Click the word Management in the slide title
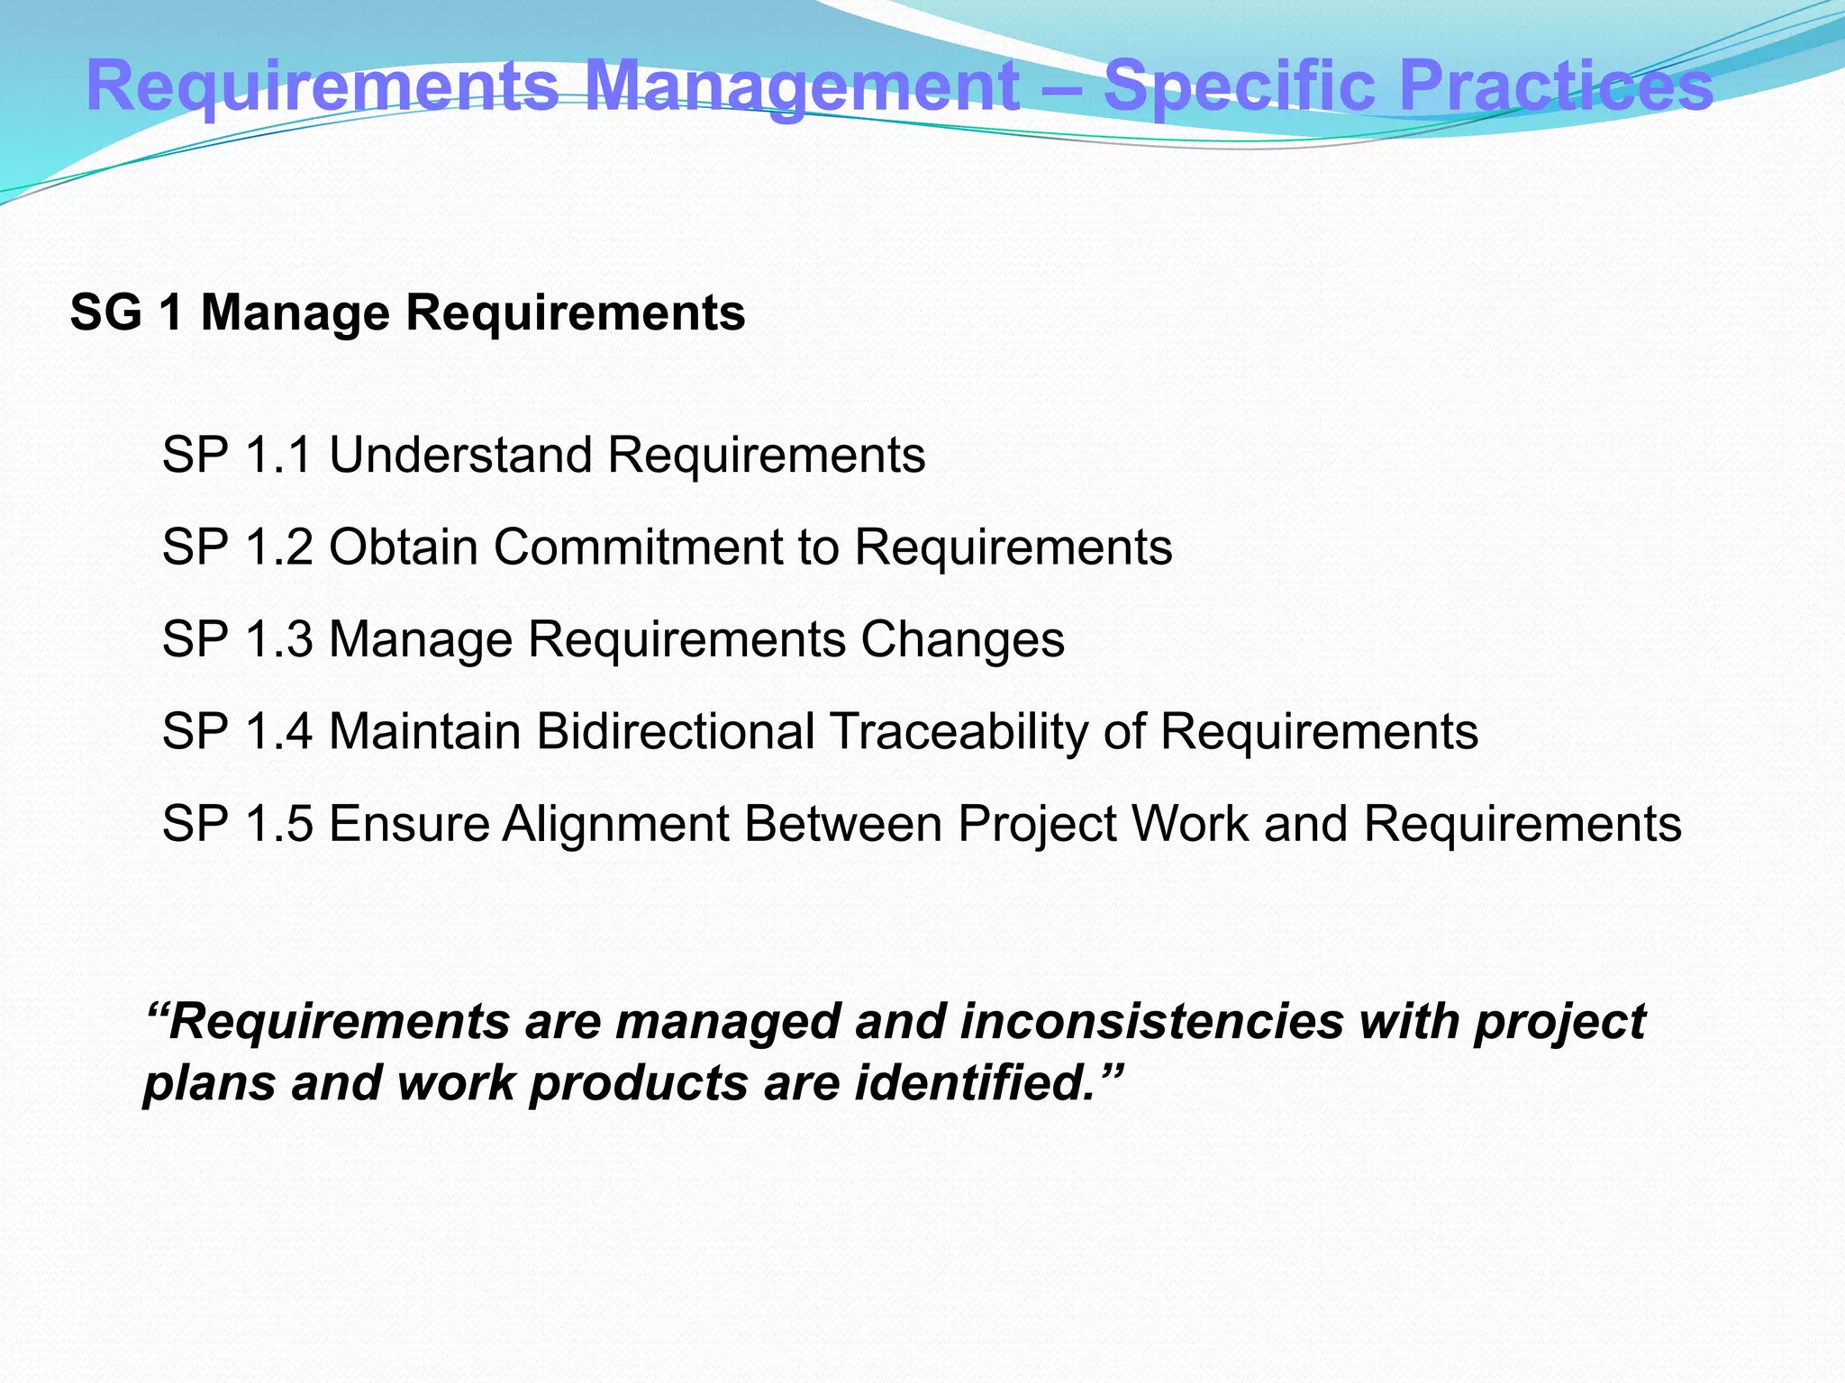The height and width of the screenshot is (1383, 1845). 802,87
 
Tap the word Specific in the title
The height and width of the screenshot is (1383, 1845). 1240,87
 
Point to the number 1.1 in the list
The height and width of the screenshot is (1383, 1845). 277,455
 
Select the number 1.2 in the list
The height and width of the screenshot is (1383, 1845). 277,547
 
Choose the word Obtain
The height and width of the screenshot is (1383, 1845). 403,547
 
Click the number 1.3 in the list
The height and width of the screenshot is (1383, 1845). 277,639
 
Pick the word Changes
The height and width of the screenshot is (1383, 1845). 962,639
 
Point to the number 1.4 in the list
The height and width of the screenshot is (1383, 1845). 277,731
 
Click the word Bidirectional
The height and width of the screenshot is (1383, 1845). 676,731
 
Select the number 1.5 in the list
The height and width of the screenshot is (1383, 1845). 277,824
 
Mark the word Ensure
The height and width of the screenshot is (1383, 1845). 408,824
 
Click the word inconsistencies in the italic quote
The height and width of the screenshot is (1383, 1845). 1151,1022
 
